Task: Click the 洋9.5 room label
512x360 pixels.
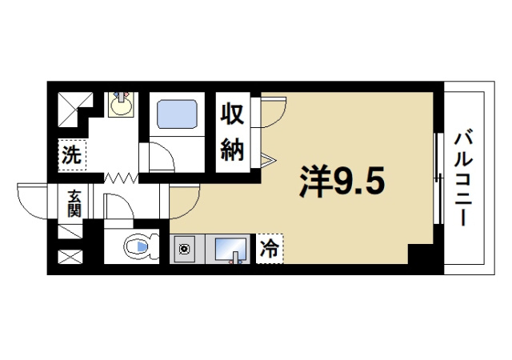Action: [342, 182]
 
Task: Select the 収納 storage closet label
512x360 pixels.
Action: [233, 132]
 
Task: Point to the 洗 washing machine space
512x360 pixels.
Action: [72, 154]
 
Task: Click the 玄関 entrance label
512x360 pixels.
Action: [74, 203]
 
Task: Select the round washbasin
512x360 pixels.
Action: [122, 105]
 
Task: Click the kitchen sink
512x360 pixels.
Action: [230, 250]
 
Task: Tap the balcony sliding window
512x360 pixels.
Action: [437, 176]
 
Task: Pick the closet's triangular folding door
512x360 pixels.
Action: [268, 160]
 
